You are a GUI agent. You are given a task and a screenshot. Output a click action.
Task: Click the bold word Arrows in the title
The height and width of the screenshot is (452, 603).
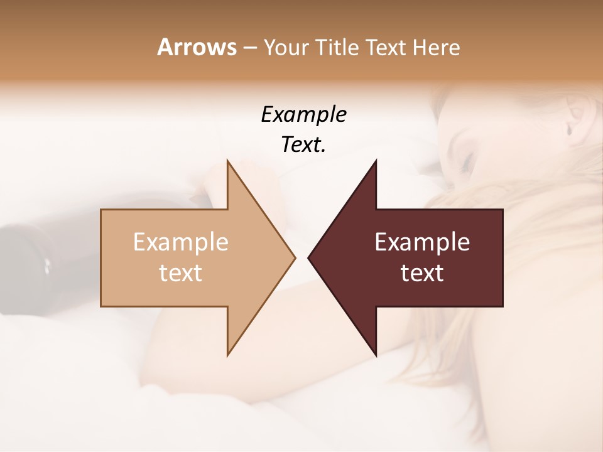pyautogui.click(x=196, y=47)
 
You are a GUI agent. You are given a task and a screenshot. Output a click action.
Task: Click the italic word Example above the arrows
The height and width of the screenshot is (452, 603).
pyautogui.click(x=303, y=114)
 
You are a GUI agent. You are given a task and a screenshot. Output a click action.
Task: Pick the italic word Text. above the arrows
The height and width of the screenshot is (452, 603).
pyautogui.click(x=303, y=145)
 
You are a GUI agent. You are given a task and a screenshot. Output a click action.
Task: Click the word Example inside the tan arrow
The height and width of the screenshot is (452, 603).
pyautogui.click(x=180, y=242)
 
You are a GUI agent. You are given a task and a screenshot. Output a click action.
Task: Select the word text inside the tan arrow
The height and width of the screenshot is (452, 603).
pyautogui.click(x=180, y=273)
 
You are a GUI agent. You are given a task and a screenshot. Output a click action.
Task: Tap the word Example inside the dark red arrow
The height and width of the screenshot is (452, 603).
pyautogui.click(x=422, y=242)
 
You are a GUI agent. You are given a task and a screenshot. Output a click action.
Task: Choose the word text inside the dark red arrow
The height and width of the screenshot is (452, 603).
pyautogui.click(x=422, y=273)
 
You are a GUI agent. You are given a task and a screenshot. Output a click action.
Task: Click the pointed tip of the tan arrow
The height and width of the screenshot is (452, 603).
pyautogui.click(x=295, y=257)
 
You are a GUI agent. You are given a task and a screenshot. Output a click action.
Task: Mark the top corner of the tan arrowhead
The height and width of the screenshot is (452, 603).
pyautogui.click(x=228, y=161)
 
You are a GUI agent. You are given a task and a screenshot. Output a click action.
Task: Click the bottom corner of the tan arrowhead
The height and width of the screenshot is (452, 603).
pyautogui.click(x=228, y=355)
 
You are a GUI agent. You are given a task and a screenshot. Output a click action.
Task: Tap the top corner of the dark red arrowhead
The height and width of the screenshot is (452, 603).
pyautogui.click(x=376, y=161)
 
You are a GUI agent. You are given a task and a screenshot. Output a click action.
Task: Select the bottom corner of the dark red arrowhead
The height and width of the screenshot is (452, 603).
pyautogui.click(x=376, y=355)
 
